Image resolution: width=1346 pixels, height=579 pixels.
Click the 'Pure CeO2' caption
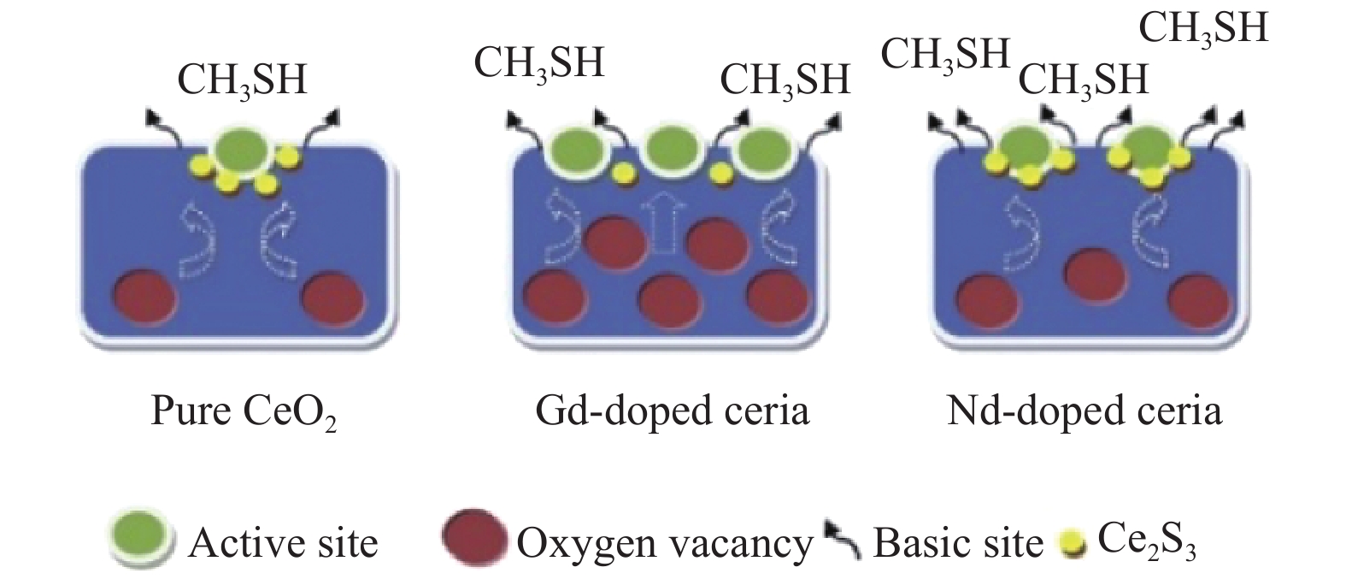click(x=244, y=412)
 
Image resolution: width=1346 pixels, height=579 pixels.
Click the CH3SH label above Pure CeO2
click(x=243, y=80)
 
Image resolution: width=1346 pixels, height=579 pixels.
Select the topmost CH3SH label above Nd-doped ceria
click(x=1203, y=28)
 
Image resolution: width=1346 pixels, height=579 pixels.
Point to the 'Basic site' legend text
click(x=958, y=543)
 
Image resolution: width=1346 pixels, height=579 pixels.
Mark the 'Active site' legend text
click(x=283, y=543)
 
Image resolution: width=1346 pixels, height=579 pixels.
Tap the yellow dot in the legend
click(x=1073, y=544)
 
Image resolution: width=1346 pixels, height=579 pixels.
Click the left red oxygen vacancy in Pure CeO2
click(x=145, y=298)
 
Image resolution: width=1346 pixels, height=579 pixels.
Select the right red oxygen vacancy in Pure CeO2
click(x=333, y=298)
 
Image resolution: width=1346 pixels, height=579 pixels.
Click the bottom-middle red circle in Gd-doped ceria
click(x=670, y=301)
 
